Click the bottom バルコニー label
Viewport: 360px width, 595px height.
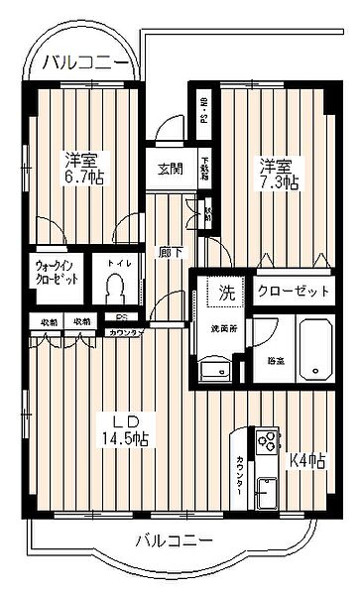pos(174,540)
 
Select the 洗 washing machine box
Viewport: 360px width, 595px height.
pos(226,293)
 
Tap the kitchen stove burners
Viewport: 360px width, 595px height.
pos(268,440)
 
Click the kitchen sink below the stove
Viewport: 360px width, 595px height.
pos(267,492)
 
